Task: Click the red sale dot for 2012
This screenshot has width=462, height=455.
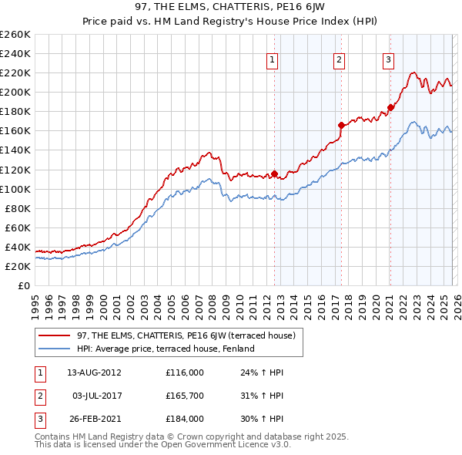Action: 275,174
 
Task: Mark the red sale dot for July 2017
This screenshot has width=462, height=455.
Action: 341,125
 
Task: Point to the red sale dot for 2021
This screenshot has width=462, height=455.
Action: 390,107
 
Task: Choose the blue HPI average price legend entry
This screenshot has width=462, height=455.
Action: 165,349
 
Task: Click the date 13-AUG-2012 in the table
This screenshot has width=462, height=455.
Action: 94,372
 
